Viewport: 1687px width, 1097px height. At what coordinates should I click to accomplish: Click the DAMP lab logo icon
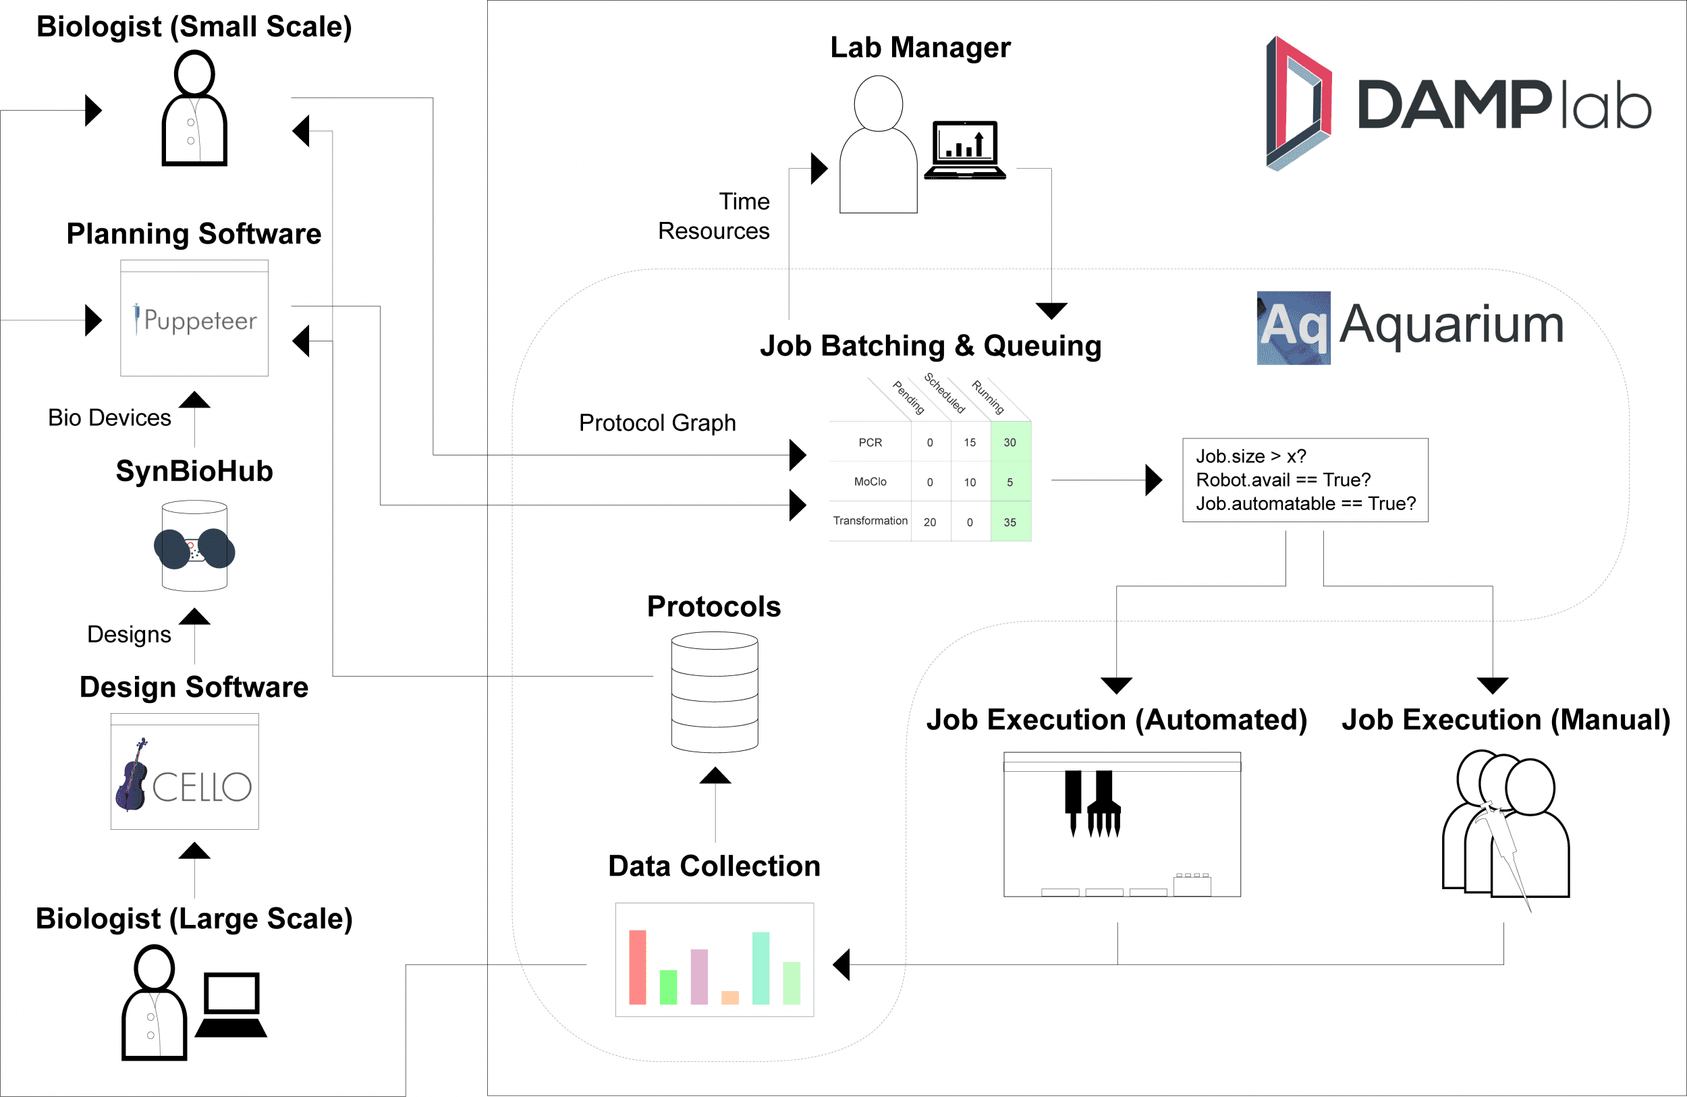tap(1298, 103)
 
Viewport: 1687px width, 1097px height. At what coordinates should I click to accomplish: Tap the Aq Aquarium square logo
tap(1293, 327)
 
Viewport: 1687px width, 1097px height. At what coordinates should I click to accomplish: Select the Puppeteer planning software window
tap(194, 318)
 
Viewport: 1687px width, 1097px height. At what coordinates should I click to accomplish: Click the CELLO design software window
tap(184, 772)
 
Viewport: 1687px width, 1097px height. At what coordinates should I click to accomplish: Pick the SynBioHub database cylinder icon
tap(194, 546)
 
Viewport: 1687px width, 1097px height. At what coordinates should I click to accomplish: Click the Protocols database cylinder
tap(715, 692)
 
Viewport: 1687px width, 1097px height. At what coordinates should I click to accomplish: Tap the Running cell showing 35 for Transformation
tap(1010, 522)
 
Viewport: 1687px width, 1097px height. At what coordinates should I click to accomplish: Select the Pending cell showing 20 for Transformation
tap(930, 522)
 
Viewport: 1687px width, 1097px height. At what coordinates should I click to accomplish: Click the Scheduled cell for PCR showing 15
tap(970, 442)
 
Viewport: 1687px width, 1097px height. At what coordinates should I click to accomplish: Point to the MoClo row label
tap(870, 482)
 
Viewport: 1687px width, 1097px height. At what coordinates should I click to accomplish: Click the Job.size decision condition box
tap(1305, 480)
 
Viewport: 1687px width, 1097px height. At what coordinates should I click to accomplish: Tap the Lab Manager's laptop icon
tap(965, 150)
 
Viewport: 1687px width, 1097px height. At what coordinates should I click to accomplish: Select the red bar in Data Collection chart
tap(637, 967)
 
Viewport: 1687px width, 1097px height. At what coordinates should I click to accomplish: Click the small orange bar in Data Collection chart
tap(729, 997)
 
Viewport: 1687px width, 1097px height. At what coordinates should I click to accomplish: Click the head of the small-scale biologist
tap(194, 73)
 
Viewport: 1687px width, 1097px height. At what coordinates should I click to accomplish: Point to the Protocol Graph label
tap(657, 422)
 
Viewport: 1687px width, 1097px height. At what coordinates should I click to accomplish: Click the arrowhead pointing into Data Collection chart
tap(841, 965)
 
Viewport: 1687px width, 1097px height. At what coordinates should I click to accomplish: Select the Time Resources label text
tap(714, 216)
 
